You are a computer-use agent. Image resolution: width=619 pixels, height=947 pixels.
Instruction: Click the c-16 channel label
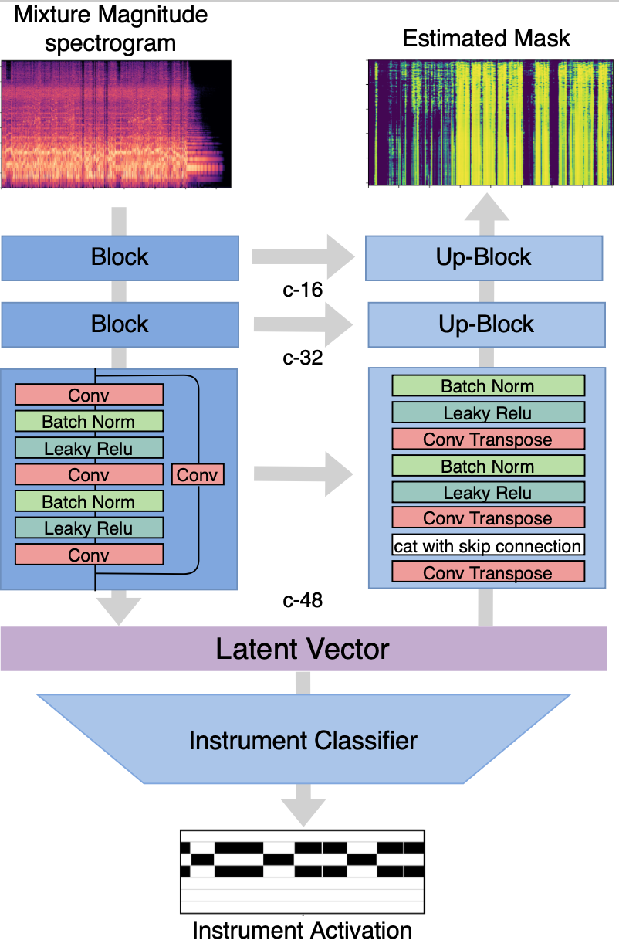[x=303, y=290]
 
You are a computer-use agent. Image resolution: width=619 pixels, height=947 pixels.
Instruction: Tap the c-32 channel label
[x=303, y=358]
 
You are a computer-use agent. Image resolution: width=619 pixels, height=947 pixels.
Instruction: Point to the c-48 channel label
[x=303, y=600]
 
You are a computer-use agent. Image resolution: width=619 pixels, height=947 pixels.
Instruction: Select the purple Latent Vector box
[x=303, y=649]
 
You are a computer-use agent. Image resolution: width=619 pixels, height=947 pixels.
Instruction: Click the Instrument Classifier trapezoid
[x=303, y=739]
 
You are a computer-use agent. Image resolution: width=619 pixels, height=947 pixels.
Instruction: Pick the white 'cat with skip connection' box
[x=488, y=545]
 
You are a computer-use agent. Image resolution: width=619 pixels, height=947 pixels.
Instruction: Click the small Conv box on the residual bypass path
[x=198, y=474]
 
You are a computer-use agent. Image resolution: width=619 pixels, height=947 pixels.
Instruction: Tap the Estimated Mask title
[x=486, y=39]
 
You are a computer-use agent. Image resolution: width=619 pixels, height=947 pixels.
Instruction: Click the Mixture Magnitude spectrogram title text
[x=110, y=29]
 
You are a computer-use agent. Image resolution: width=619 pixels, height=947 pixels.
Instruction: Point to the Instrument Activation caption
[x=302, y=930]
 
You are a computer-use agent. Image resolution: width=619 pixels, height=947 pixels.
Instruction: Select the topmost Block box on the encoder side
[x=120, y=258]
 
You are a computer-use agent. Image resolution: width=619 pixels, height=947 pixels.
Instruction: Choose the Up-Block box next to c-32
[x=486, y=324]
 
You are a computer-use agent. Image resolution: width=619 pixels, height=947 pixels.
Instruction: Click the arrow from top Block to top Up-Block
[x=303, y=256]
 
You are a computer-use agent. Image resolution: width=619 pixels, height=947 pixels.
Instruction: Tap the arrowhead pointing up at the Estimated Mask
[x=487, y=207]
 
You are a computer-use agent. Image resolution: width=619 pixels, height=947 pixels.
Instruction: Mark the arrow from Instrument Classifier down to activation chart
[x=303, y=805]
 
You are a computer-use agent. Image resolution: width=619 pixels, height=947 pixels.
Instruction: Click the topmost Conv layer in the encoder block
[x=89, y=395]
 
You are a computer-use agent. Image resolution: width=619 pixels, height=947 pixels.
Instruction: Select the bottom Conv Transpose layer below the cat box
[x=488, y=572]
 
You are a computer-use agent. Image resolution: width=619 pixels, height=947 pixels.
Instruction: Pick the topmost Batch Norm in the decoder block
[x=488, y=385]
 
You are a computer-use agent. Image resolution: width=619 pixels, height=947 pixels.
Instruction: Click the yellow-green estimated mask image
[x=490, y=123]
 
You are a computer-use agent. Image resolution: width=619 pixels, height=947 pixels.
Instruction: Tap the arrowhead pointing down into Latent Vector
[x=119, y=611]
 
